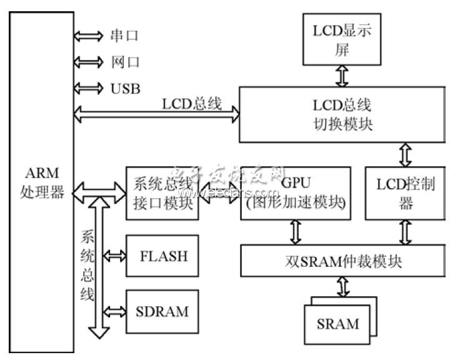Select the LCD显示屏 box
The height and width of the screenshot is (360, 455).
click(342, 41)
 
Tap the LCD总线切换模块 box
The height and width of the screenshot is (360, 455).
click(342, 114)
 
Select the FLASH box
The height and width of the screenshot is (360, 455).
click(162, 256)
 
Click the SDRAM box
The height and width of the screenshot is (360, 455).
click(162, 311)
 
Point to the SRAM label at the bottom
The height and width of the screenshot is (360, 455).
click(338, 323)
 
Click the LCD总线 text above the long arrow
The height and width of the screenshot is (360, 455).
click(192, 103)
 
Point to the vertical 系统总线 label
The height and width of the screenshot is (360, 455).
click(87, 265)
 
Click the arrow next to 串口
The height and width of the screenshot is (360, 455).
click(87, 36)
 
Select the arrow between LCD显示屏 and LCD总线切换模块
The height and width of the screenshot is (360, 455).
click(342, 76)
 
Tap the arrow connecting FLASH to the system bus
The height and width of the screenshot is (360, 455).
click(114, 255)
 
